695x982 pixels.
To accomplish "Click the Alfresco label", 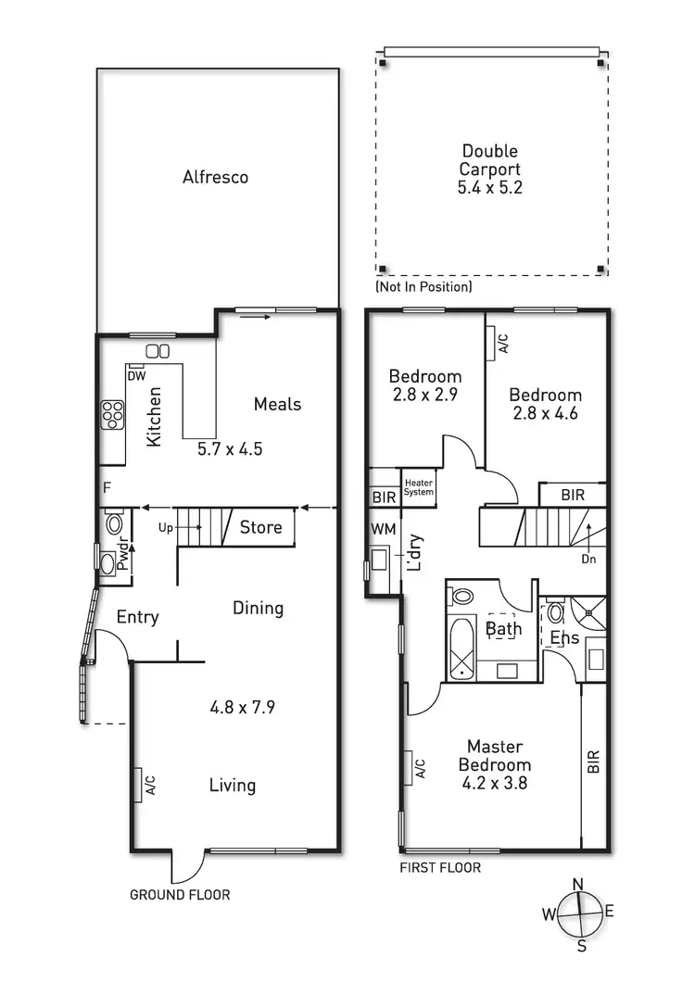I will click(215, 177).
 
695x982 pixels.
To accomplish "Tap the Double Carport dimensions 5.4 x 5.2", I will click(489, 188).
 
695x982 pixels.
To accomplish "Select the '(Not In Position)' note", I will click(423, 287).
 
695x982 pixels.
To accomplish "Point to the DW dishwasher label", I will click(135, 376).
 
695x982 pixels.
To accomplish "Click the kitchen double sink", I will click(158, 351).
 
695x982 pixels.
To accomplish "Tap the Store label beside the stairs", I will click(260, 527).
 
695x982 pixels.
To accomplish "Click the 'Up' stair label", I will click(166, 528).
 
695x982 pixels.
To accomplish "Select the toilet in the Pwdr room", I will click(115, 524).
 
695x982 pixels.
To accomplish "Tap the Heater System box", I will click(418, 486).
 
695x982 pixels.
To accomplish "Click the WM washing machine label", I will click(382, 528).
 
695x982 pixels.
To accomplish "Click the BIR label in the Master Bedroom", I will click(593, 762).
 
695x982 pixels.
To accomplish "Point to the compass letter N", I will click(576, 883).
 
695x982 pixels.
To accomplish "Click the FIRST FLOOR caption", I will click(440, 868).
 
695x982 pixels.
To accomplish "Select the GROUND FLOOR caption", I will click(180, 895).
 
